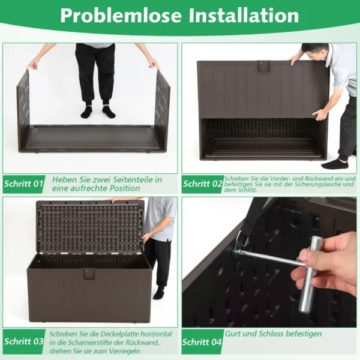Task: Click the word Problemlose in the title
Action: click(121, 16)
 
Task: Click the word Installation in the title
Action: click(244, 15)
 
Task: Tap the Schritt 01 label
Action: click(23, 184)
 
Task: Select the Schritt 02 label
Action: click(203, 184)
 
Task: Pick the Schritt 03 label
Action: click(23, 341)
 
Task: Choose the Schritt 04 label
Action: click(202, 342)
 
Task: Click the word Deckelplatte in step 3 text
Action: click(120, 334)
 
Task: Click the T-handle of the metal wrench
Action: click(308, 275)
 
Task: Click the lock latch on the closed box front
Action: click(89, 274)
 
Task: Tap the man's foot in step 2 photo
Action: click(335, 164)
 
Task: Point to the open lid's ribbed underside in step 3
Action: click(90, 228)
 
